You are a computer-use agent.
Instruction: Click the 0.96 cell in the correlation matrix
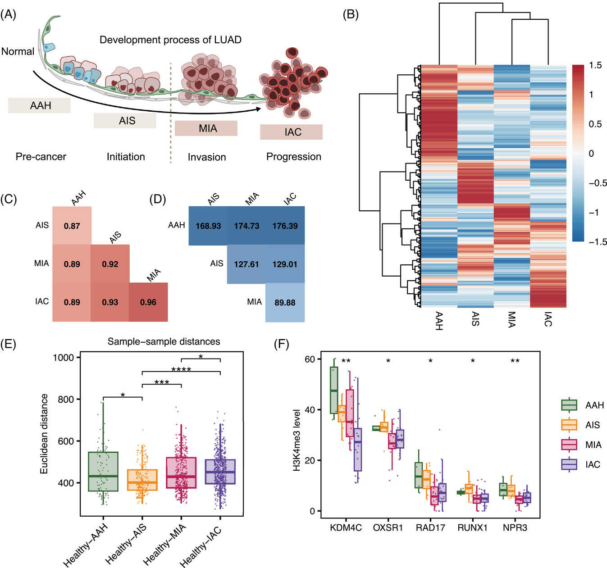coord(148,302)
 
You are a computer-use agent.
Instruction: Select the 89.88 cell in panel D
coord(285,303)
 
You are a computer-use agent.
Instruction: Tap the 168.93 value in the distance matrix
coord(208,226)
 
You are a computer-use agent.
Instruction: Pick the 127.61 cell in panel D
coord(246,264)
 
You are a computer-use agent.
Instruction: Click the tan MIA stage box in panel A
coord(206,128)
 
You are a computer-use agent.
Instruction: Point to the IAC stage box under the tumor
coord(291,132)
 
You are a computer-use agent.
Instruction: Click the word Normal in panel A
coord(18,51)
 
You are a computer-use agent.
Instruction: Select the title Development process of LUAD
coord(170,40)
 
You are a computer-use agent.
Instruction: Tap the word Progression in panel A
coord(294,157)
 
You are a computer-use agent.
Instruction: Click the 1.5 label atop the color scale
coord(595,65)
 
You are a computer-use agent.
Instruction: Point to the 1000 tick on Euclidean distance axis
coord(64,358)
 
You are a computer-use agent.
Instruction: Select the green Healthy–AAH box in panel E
coord(103,472)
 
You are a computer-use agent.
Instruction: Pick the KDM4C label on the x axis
coord(346,527)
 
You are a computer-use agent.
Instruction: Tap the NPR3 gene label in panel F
coord(515,527)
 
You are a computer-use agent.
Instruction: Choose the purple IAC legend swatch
coord(569,464)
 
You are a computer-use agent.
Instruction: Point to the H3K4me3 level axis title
coord(297,440)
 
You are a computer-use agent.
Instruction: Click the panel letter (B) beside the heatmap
coord(351,14)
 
